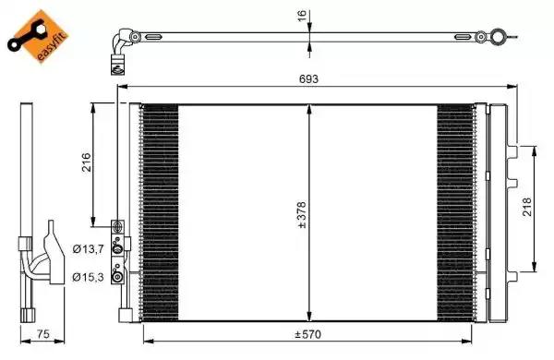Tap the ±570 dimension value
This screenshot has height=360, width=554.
[308, 333]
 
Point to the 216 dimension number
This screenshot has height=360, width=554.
[86, 164]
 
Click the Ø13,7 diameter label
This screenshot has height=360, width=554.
[88, 248]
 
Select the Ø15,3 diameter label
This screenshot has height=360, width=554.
[88, 275]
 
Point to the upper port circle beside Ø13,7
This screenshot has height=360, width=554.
[117, 246]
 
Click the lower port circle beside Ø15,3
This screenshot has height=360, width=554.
[117, 274]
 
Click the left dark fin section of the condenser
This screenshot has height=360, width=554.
[160, 212]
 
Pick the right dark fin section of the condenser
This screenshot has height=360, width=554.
[454, 212]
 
